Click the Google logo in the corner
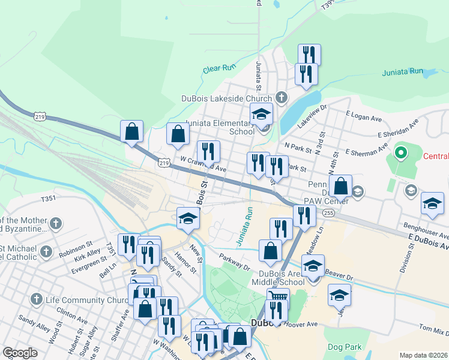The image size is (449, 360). (x=20, y=353)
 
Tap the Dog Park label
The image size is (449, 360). (x=345, y=347)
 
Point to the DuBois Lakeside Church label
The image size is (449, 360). (x=226, y=98)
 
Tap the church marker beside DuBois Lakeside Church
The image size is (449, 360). (x=281, y=98)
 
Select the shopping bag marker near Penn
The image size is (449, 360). (x=340, y=186)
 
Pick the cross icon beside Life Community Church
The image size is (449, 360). (x=37, y=299)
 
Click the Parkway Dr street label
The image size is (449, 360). (x=234, y=262)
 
